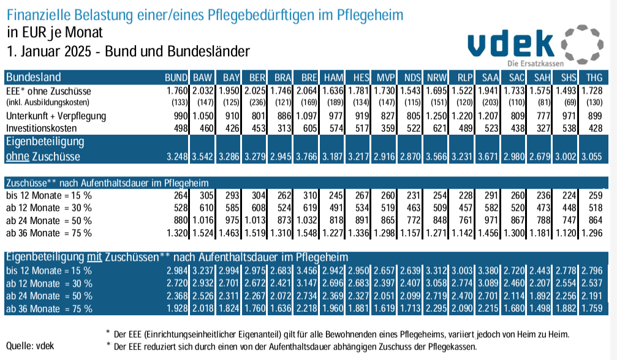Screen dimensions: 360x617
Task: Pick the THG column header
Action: (593, 78)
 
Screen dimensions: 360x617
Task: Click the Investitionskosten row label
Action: (40, 127)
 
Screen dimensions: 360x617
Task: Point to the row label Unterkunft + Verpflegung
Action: (56, 116)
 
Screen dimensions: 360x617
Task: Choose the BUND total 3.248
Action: (176, 156)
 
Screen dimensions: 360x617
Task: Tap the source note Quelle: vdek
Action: (29, 345)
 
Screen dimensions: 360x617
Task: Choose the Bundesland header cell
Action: (33, 78)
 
